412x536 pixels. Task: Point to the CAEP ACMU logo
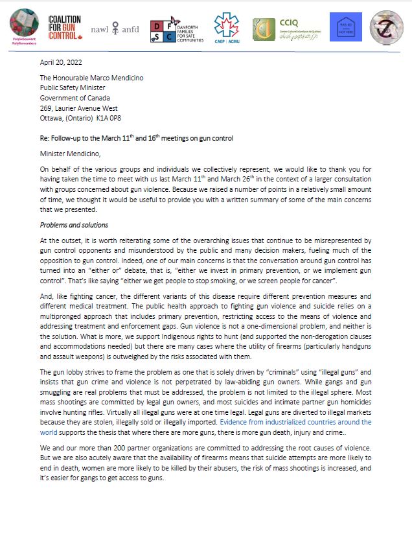coord(226,29)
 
